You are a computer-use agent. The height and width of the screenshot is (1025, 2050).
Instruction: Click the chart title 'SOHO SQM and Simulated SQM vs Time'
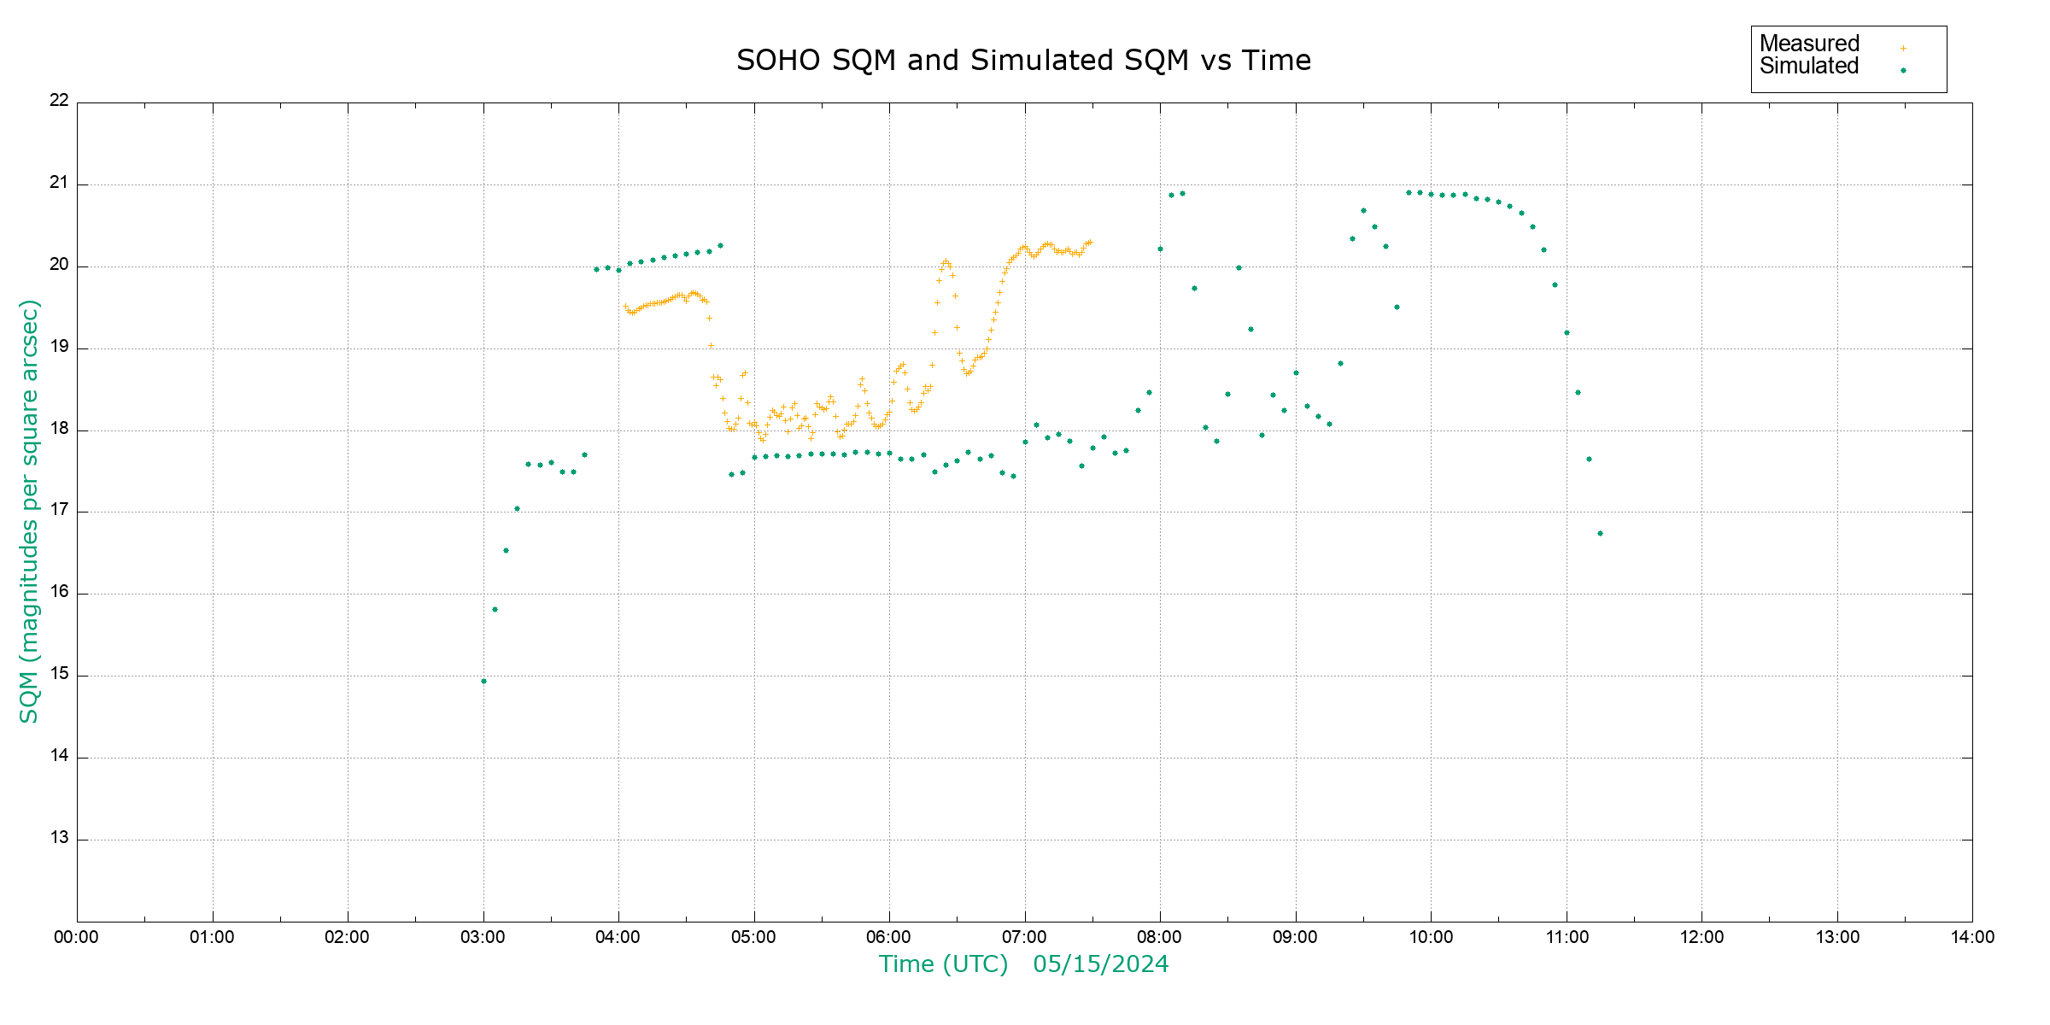click(x=1023, y=61)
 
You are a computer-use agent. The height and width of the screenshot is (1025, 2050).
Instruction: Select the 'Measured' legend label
click(x=1809, y=44)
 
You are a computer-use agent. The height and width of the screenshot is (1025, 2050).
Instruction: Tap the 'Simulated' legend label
click(x=1809, y=67)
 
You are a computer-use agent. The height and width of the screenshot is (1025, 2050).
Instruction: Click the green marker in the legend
click(x=1903, y=71)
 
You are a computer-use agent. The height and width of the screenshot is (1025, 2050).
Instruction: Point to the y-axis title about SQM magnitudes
click(x=30, y=511)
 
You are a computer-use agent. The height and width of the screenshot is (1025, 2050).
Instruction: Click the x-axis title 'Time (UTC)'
click(x=943, y=964)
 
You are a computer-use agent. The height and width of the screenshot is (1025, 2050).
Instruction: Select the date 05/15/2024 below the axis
click(x=1100, y=964)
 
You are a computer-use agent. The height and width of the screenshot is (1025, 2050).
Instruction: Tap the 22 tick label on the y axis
click(x=59, y=100)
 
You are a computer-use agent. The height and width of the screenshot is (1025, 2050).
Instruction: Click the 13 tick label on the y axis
click(x=59, y=837)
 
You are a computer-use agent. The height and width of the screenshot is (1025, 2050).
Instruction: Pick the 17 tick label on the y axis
click(x=59, y=510)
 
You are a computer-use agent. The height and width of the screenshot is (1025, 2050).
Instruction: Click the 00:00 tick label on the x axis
click(x=76, y=937)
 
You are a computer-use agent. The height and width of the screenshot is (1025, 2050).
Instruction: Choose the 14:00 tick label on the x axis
click(x=1972, y=937)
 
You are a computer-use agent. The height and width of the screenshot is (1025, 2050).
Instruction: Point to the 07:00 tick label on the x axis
click(x=1024, y=937)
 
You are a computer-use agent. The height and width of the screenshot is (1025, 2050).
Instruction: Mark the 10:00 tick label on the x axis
click(x=1431, y=937)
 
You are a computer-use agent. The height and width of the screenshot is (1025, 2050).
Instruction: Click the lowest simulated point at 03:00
click(x=483, y=681)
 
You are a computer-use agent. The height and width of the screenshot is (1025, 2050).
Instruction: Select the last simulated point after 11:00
click(x=1600, y=534)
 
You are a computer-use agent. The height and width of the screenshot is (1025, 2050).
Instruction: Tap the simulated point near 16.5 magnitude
click(x=506, y=551)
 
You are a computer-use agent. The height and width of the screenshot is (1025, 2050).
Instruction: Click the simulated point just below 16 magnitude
click(x=495, y=610)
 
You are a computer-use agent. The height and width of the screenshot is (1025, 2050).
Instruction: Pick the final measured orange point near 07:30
click(x=1090, y=242)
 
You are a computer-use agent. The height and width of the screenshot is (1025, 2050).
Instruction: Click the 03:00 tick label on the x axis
click(x=483, y=937)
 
